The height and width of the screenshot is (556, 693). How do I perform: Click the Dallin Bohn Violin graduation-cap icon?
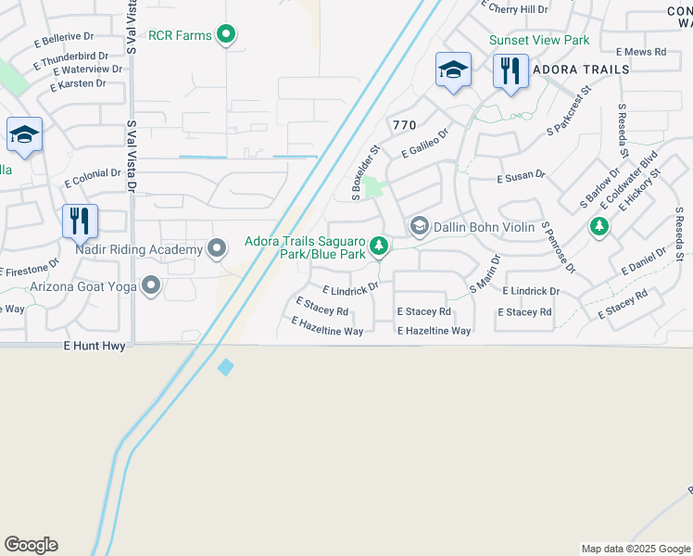tap(419, 226)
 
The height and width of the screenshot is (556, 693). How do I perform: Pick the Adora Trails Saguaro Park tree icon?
tap(378, 246)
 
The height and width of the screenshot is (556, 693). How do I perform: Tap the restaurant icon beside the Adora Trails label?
tap(510, 70)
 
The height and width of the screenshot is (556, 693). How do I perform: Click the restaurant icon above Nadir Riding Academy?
tap(81, 221)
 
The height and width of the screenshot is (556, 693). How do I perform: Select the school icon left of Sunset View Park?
tap(453, 69)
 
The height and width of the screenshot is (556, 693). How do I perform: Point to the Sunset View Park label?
tap(539, 41)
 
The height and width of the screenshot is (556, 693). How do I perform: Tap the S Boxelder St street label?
tap(366, 171)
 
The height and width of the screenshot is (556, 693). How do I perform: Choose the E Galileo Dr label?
tap(424, 143)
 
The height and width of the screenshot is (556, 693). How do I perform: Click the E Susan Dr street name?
tap(522, 175)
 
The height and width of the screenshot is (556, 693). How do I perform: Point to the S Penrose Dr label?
tap(559, 247)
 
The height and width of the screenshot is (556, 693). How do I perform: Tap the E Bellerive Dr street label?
tap(64, 37)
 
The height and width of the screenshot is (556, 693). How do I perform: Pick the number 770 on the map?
tap(405, 125)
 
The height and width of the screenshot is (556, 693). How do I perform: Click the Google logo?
tap(31, 545)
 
